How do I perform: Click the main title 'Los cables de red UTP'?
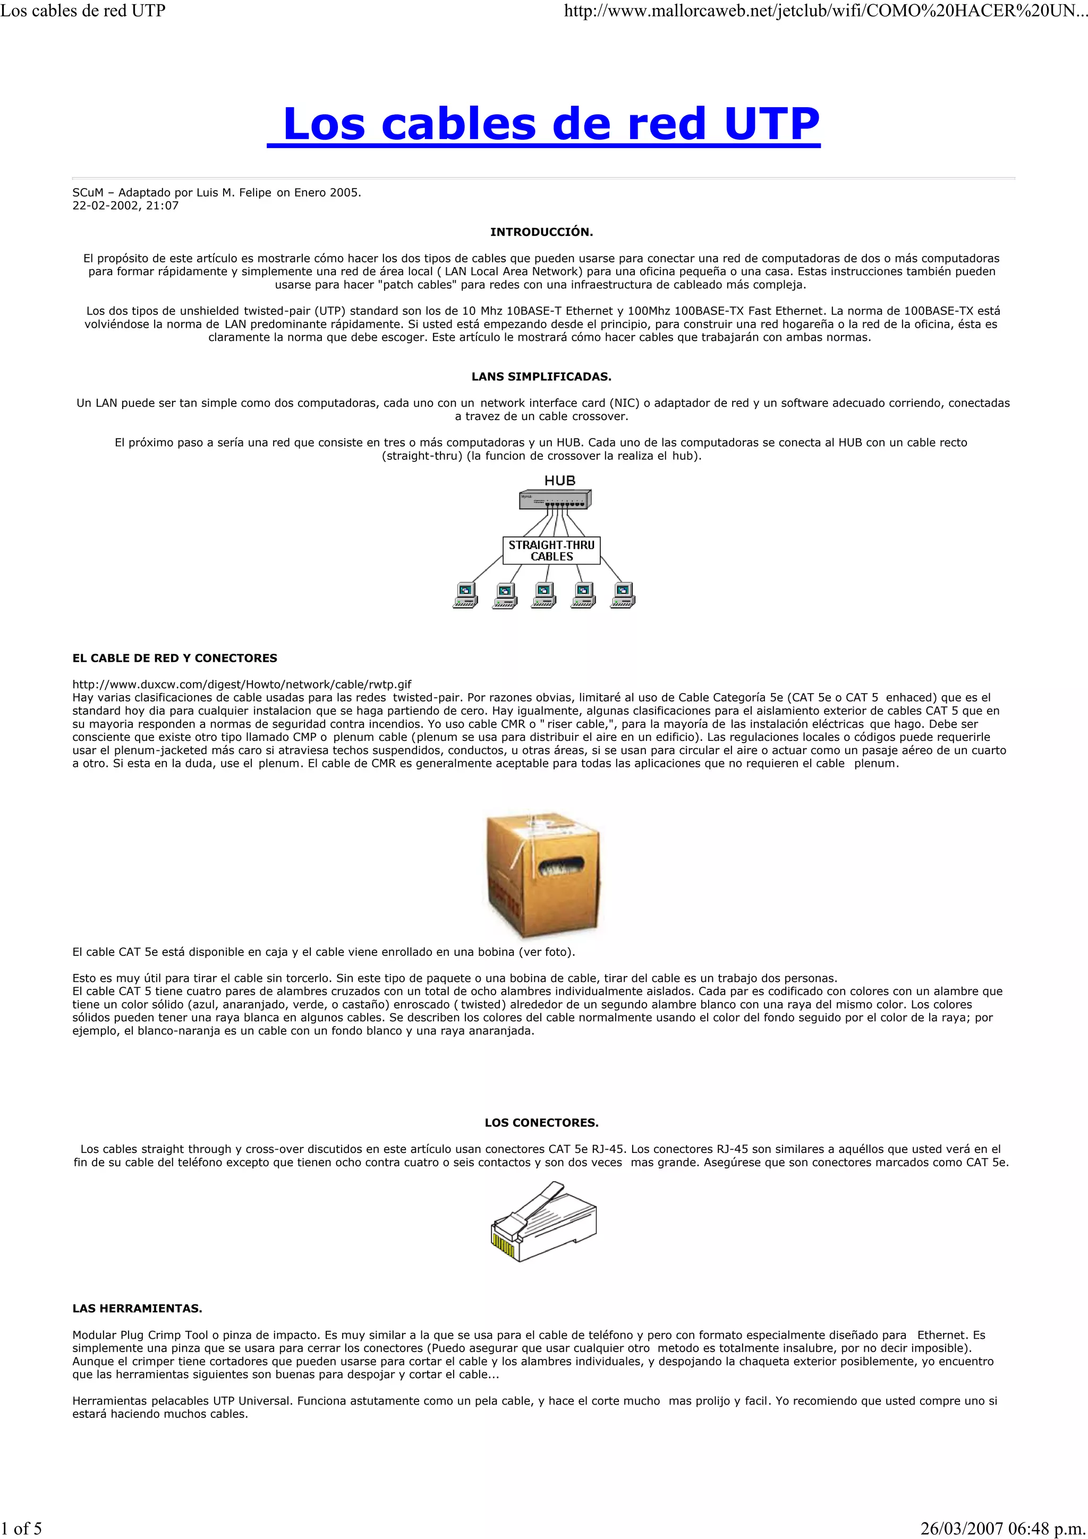coord(543,124)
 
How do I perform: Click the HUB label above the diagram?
coord(560,481)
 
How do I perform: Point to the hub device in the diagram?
coord(555,499)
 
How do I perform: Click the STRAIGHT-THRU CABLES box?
coord(551,550)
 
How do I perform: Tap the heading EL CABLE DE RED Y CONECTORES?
coord(174,658)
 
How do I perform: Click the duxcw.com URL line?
coord(241,685)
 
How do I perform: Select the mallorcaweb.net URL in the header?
coord(824,11)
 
